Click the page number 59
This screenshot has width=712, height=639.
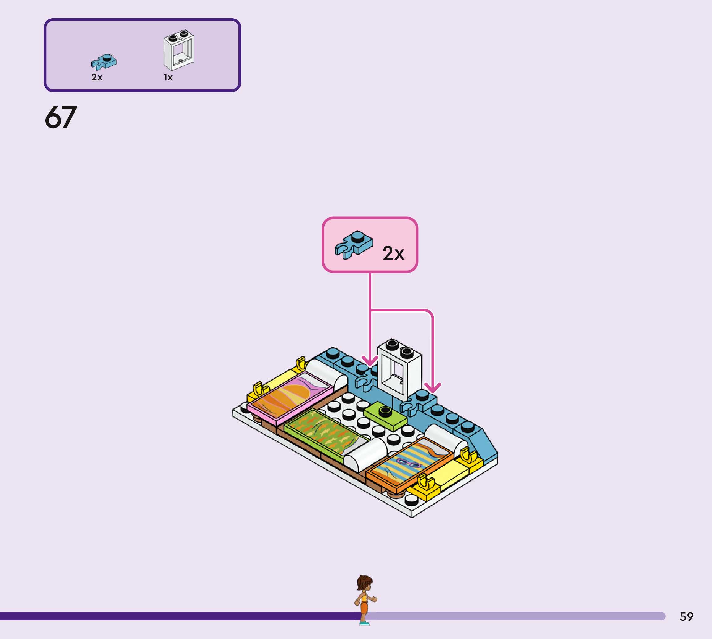point(686,616)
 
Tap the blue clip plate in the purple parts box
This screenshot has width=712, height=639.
point(104,62)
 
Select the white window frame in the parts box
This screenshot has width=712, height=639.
point(179,50)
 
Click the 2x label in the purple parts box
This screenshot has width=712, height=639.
point(97,77)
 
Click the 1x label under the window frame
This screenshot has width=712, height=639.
point(168,77)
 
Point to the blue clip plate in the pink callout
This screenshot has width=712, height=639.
point(354,245)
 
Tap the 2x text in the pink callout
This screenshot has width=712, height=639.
point(393,253)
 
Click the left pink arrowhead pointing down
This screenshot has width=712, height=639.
point(370,361)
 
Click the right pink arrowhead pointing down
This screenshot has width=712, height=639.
point(433,388)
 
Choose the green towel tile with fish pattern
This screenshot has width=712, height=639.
point(321,432)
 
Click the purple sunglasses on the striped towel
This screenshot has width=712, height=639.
point(409,463)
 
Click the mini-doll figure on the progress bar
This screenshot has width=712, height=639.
point(365,600)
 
